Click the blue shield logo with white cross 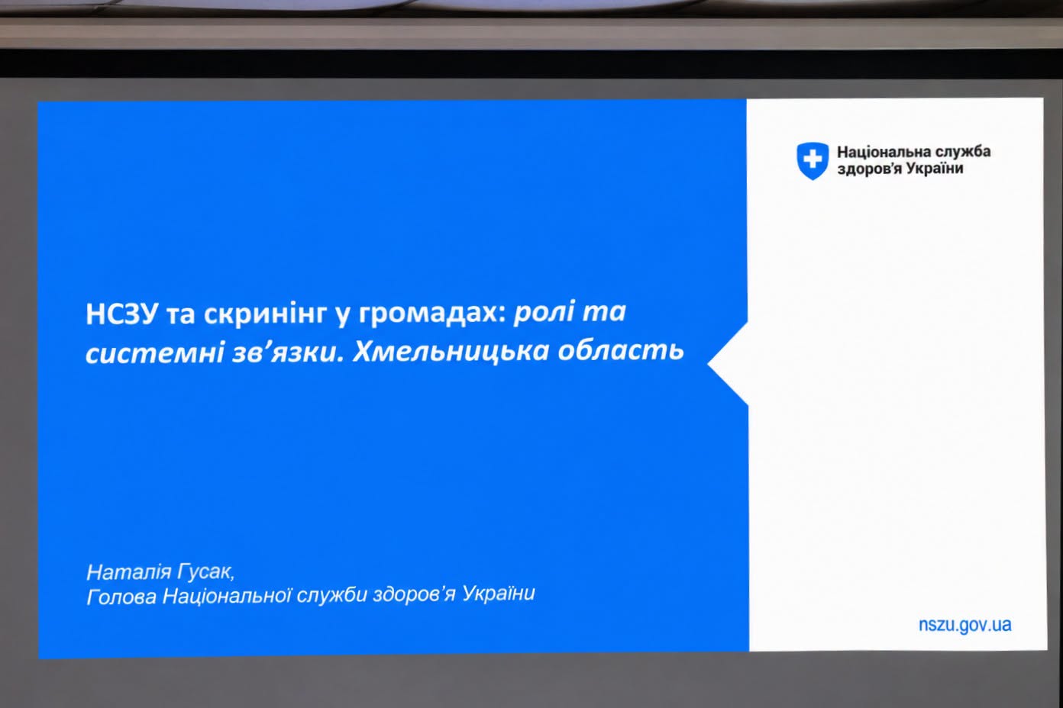pos(813,161)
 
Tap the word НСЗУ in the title pos(121,314)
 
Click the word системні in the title pos(154,352)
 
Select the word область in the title pos(621,351)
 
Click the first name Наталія pos(128,572)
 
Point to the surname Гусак pos(205,572)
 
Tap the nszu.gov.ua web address pos(964,625)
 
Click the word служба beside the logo pos(963,152)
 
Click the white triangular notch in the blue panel pos(728,364)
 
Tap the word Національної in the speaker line pos(227,596)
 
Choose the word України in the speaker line pos(499,594)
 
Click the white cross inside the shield pos(813,159)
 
